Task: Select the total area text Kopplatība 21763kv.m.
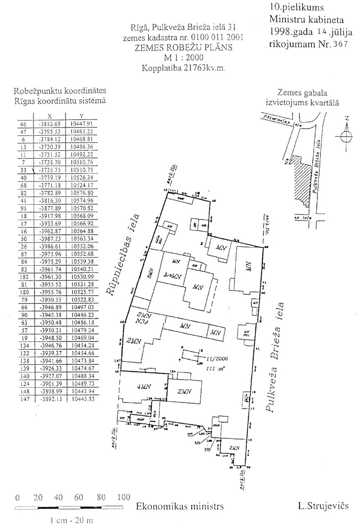coord(184,67)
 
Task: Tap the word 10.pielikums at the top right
coord(291,9)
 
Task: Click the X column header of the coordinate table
coord(49,116)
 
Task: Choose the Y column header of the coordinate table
coord(81,116)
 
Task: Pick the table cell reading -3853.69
coord(49,123)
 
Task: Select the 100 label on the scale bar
coord(123,498)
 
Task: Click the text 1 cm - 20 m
coord(72,520)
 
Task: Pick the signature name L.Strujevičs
coord(321,506)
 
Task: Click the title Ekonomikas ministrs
coord(180,507)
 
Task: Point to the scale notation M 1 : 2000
coord(184,57)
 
